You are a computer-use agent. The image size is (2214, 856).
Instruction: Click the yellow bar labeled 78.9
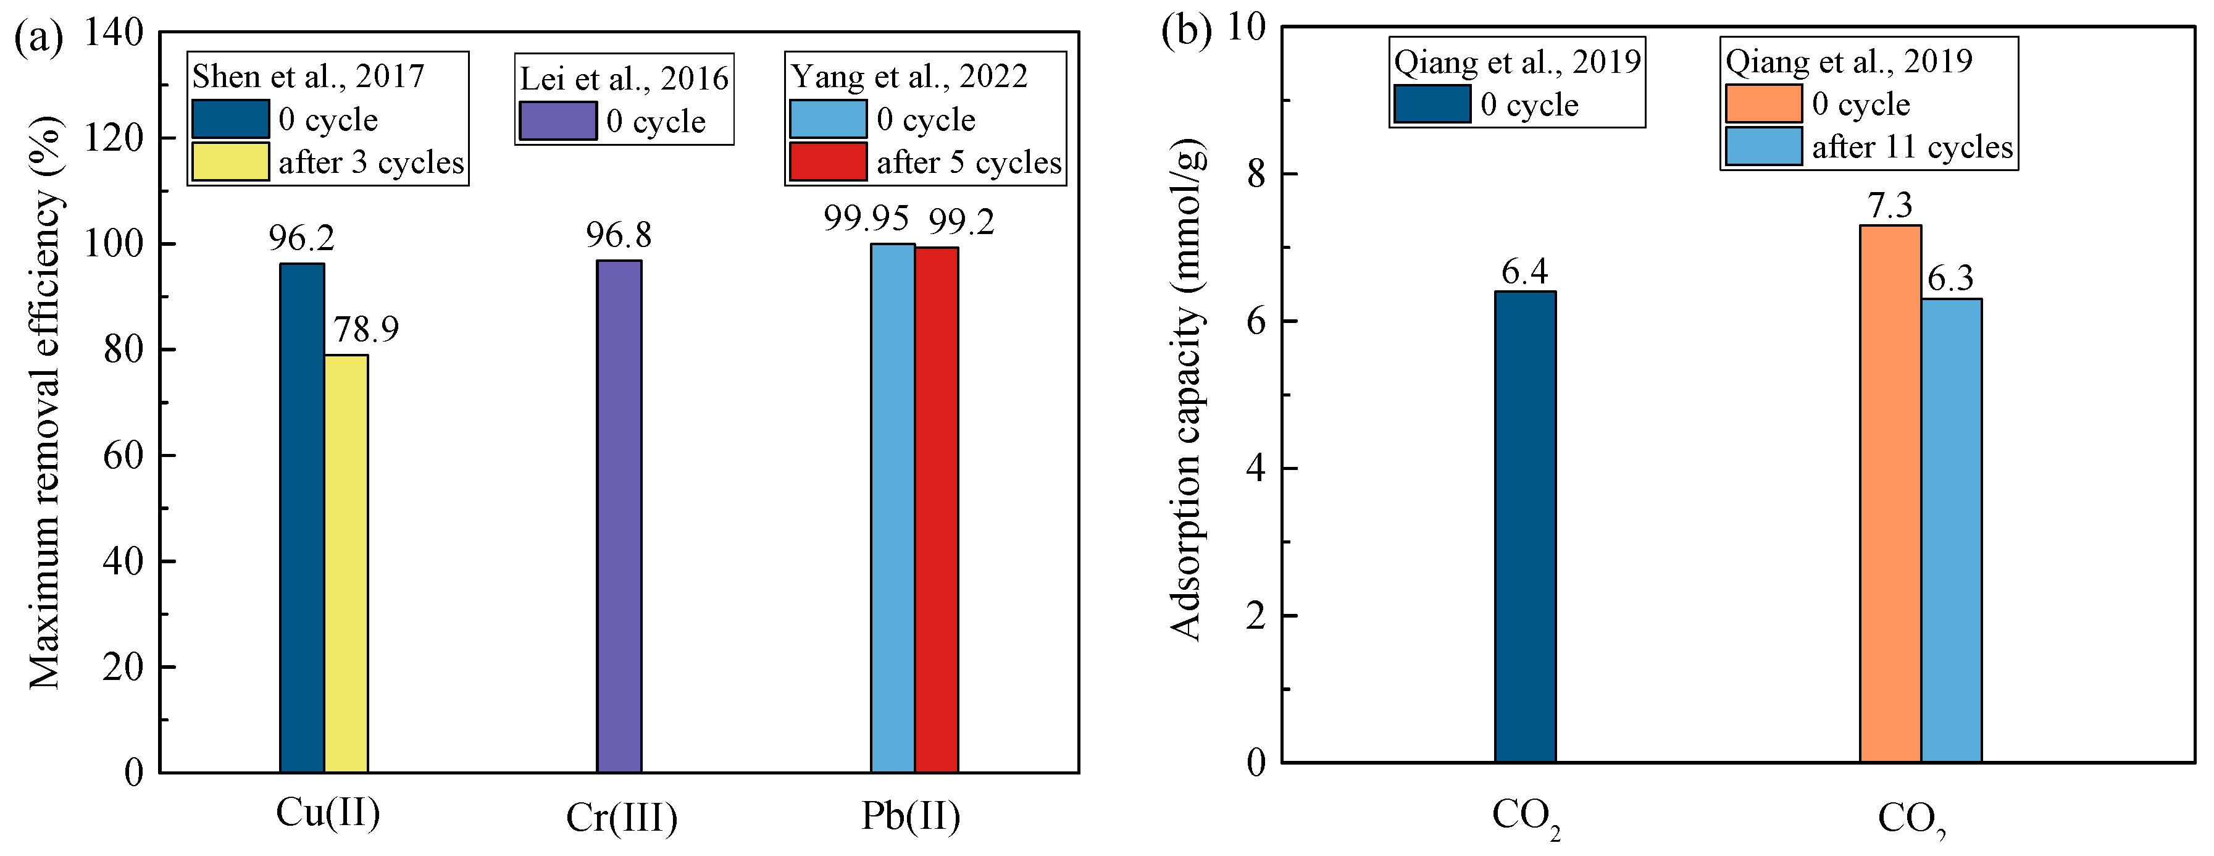click(346, 563)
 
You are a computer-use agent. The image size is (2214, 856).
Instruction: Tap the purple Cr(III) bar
click(619, 516)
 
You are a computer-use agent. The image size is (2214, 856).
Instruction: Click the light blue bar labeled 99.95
click(893, 508)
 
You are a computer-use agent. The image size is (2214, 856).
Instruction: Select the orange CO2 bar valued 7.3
click(1890, 493)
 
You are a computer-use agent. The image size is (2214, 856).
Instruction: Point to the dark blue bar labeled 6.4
click(1525, 526)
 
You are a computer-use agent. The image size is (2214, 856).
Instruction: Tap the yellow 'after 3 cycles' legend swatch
click(230, 162)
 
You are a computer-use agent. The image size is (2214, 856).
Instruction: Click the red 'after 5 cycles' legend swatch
click(828, 162)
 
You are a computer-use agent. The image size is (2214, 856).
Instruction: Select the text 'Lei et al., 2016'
click(624, 79)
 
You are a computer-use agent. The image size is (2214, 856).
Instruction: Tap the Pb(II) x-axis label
click(911, 816)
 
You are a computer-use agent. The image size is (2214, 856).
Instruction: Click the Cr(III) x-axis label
click(621, 818)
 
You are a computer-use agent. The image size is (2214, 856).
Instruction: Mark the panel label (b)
click(1186, 31)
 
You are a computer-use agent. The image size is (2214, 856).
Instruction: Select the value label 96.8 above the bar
click(619, 235)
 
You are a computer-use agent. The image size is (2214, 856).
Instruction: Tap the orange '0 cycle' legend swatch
click(1763, 103)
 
